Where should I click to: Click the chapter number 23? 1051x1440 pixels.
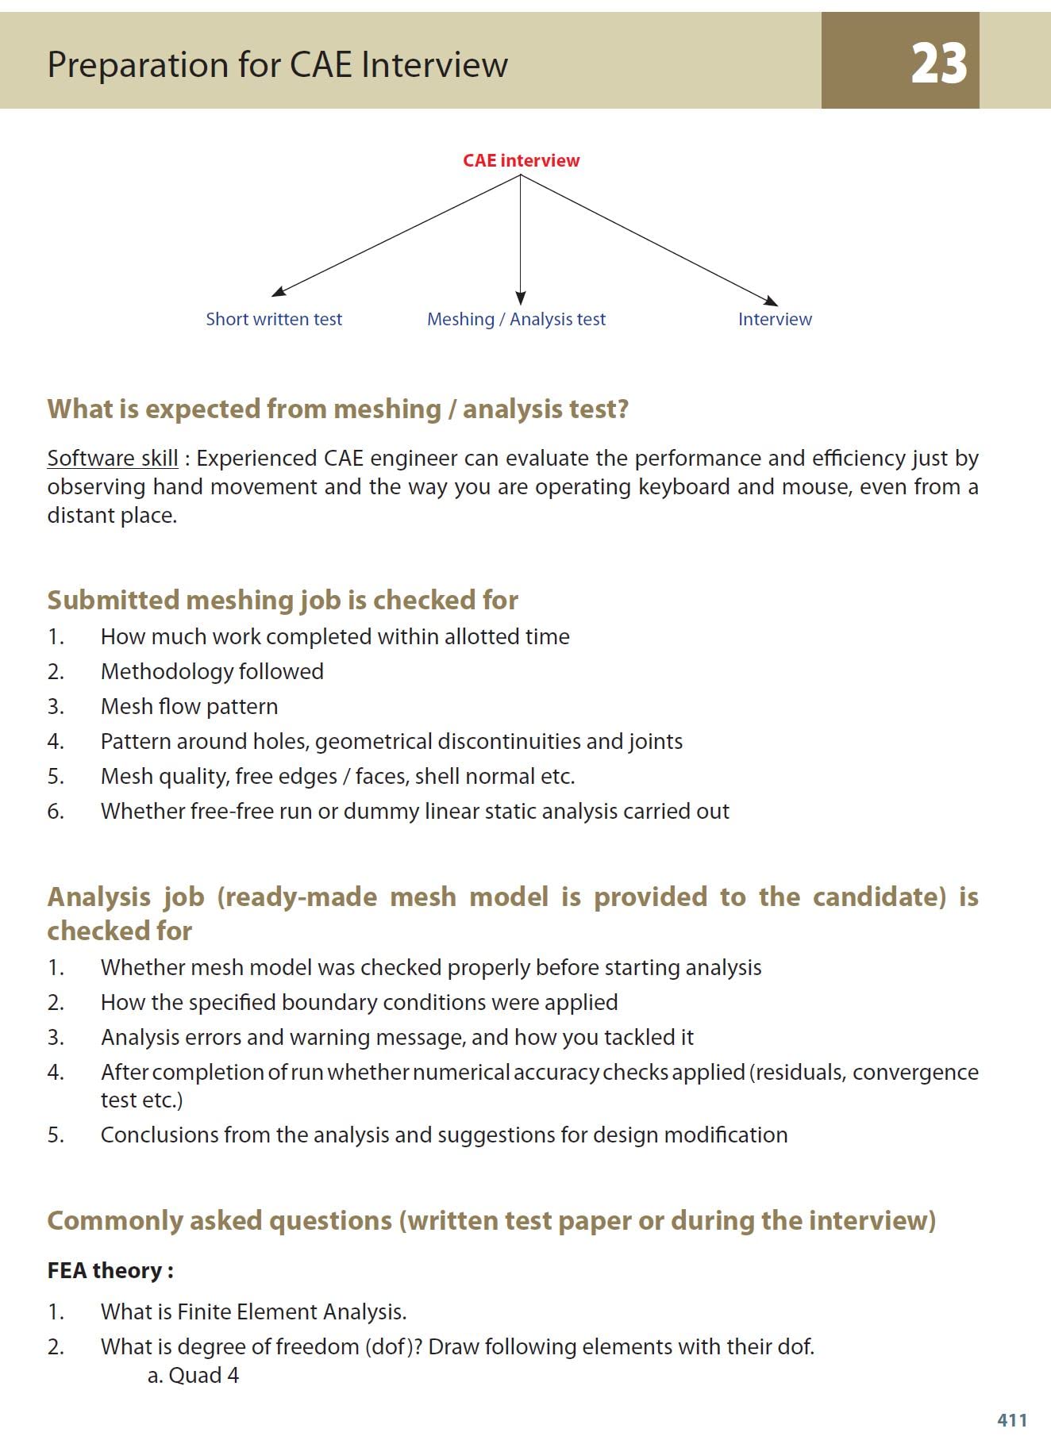point(938,63)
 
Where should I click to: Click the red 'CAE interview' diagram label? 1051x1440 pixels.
point(521,160)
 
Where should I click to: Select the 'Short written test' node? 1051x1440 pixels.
point(274,319)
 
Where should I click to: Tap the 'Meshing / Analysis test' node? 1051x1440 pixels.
point(516,319)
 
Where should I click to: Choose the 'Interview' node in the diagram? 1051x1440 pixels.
point(775,319)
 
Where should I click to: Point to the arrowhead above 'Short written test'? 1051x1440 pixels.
point(279,292)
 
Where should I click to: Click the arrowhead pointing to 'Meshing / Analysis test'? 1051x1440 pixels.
point(520,298)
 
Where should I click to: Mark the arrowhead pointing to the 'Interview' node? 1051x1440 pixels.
point(770,301)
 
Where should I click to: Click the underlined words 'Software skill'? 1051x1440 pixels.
point(113,458)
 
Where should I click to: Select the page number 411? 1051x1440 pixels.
point(1012,1419)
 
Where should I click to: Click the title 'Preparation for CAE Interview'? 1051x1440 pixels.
point(277,64)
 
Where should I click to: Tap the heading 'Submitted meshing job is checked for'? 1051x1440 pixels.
point(283,600)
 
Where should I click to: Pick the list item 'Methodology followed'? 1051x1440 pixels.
point(212,671)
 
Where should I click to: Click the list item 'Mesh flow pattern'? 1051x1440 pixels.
point(189,706)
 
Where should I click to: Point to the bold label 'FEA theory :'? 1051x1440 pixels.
point(110,1270)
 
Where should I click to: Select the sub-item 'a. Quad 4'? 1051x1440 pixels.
point(193,1375)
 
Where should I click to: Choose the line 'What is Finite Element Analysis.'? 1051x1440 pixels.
point(253,1311)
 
